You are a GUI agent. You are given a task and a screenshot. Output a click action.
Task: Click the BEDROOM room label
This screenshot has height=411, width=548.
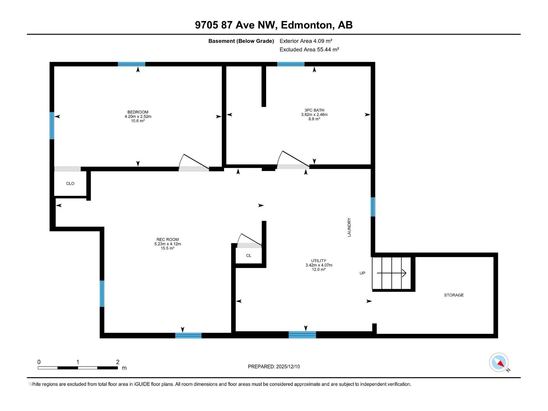coord(138,112)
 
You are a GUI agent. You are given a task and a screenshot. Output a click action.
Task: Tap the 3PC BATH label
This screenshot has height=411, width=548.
coord(314,110)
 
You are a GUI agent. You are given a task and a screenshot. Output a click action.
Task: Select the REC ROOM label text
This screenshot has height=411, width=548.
coord(167,239)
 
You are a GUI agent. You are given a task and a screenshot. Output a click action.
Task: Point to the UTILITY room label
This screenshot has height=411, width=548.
coord(319,261)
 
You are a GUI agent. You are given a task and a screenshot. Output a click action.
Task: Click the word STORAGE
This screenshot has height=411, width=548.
coord(454,295)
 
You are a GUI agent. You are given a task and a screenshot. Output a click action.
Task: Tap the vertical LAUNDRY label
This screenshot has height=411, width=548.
coord(349,227)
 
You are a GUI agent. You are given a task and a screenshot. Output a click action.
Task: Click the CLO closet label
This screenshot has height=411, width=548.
coord(70,184)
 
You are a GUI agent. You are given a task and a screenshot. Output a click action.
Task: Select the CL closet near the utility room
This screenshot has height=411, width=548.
coord(249,256)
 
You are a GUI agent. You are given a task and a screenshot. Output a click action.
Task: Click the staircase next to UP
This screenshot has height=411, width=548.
coord(391,273)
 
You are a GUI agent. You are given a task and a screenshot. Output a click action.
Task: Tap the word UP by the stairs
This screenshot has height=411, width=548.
coord(362,273)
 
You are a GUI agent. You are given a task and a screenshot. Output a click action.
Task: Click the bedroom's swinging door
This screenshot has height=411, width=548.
coord(194,162)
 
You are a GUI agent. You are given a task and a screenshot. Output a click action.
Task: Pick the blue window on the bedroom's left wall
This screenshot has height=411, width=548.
coord(52,125)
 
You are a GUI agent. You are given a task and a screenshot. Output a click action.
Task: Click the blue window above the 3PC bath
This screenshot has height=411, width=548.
coord(290,64)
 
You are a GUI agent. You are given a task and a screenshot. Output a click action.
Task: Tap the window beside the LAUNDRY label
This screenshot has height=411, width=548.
coord(373,207)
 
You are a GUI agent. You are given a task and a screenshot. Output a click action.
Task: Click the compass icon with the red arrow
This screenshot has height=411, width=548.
coord(499,362)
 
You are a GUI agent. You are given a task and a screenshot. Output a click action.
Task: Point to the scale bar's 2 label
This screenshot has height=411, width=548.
coord(117,362)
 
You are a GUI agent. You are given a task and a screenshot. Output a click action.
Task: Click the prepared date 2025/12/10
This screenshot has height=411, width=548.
coord(288,366)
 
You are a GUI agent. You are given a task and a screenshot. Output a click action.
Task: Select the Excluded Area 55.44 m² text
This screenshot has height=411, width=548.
coord(309,49)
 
